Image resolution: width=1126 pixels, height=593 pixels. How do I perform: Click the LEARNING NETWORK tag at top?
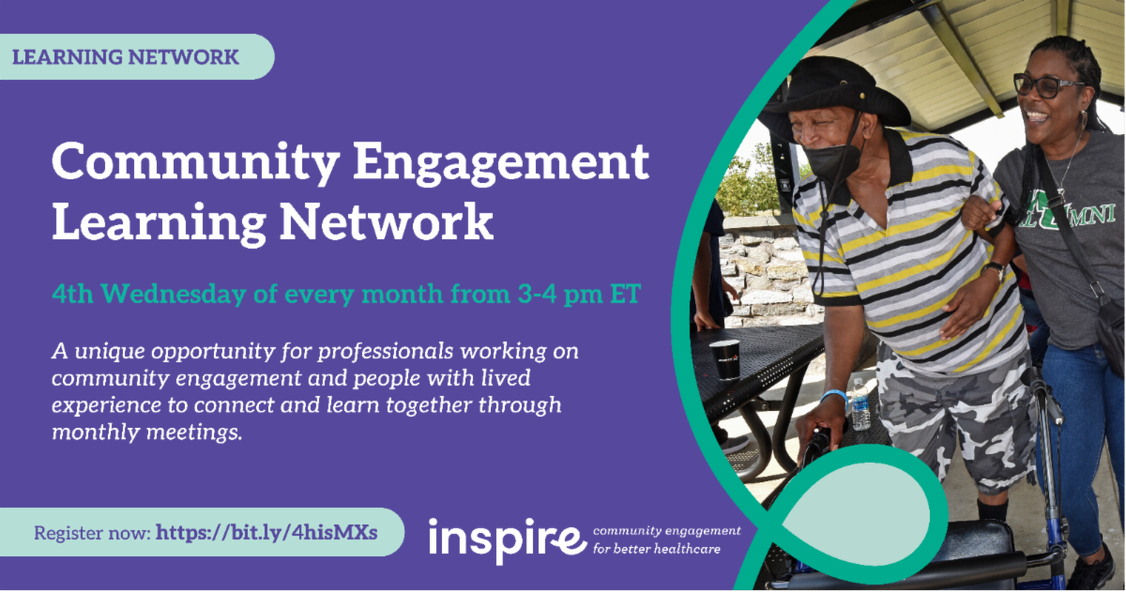[x=126, y=57]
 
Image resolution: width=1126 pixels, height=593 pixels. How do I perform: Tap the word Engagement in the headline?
[x=501, y=163]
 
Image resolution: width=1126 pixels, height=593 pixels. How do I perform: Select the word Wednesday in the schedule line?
[x=174, y=294]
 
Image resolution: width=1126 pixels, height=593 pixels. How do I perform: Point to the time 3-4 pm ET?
[x=579, y=294]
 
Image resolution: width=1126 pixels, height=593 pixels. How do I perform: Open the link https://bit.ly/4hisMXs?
[x=266, y=532]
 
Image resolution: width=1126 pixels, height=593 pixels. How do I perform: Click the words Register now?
[x=92, y=533]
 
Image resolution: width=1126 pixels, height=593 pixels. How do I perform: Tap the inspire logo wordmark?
[x=508, y=540]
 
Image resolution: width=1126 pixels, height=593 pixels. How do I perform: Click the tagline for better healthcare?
[x=657, y=548]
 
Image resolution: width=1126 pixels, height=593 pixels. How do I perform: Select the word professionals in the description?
[x=386, y=351]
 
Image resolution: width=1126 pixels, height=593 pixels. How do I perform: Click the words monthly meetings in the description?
[x=147, y=433]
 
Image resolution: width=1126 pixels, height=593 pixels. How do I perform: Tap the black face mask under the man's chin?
[x=832, y=160]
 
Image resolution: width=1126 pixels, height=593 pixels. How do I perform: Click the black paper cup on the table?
[x=724, y=359]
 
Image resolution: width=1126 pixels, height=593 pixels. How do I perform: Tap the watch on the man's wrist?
[x=994, y=270]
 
